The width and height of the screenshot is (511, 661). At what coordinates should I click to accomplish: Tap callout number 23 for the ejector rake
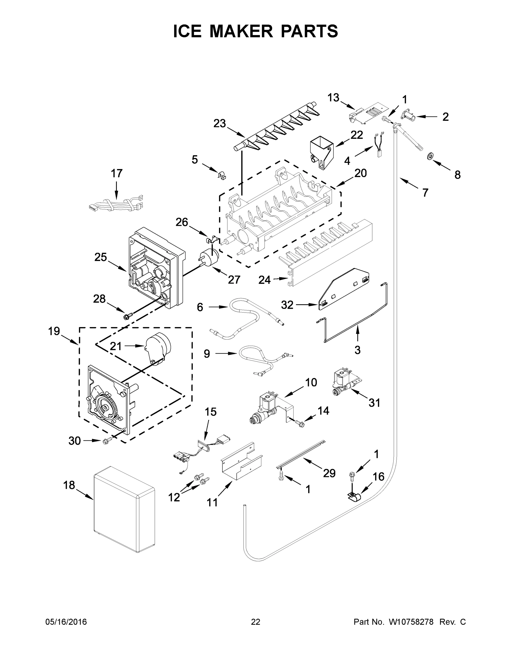[220, 123]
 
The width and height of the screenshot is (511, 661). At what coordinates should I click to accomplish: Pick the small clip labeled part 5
[222, 175]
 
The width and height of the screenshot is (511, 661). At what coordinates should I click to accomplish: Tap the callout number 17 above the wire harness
[117, 174]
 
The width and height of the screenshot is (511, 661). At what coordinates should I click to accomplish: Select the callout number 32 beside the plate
[287, 305]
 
